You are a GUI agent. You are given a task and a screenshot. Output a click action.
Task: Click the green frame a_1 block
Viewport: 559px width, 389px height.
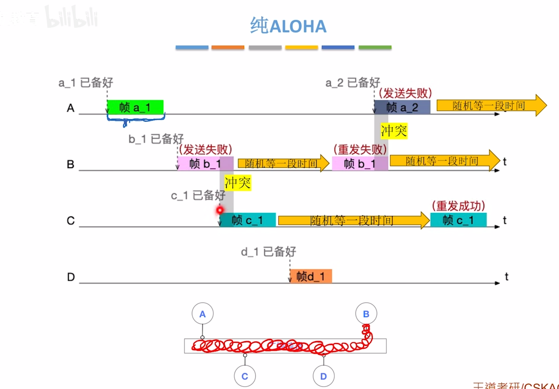[x=135, y=107]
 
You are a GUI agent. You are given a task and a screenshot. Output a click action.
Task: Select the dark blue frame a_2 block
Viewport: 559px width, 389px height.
[x=402, y=107]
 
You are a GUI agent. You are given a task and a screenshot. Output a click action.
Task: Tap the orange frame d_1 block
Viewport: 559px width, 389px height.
[x=311, y=276]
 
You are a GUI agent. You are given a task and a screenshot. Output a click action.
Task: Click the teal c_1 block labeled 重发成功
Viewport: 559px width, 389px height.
[x=458, y=220]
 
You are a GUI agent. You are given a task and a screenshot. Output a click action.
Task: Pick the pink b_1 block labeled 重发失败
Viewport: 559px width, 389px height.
[x=360, y=163]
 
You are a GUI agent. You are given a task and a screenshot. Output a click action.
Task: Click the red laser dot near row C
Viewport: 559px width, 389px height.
[x=220, y=210]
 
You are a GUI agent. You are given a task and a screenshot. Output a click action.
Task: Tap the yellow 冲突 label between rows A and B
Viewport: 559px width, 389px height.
[x=394, y=131]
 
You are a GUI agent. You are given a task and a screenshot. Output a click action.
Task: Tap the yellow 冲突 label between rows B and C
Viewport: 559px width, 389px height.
[x=237, y=183]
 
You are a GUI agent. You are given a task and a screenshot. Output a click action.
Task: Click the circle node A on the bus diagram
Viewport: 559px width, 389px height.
[x=202, y=314]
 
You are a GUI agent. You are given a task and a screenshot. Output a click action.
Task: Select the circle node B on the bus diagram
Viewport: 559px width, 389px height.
[x=366, y=314]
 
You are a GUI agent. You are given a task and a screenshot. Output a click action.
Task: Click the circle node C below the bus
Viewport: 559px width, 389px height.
[x=245, y=376]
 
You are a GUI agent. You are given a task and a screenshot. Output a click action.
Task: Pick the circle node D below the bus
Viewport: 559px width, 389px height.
[x=323, y=376]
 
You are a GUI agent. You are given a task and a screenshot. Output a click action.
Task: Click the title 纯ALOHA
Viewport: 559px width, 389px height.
[x=288, y=26]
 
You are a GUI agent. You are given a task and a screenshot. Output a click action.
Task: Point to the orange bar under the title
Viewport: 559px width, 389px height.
[x=228, y=47]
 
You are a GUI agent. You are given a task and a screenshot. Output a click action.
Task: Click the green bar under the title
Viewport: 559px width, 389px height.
[x=375, y=47]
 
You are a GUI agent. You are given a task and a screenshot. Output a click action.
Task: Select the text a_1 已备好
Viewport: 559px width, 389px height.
[x=86, y=83]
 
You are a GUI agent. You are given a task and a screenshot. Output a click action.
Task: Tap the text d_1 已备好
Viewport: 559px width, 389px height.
[x=268, y=251]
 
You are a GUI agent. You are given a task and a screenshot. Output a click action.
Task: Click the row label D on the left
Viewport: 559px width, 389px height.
[x=71, y=277]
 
